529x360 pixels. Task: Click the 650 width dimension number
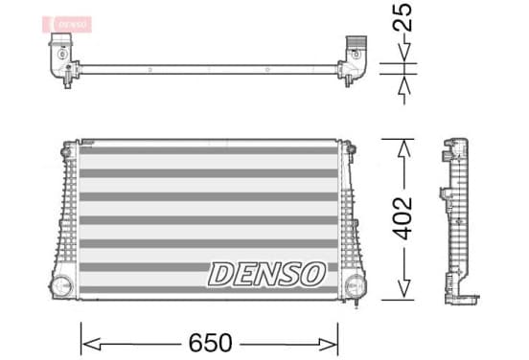tap(210, 343)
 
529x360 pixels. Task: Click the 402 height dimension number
tap(402, 218)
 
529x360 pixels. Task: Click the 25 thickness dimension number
tap(402, 17)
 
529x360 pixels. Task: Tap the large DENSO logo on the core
tap(266, 275)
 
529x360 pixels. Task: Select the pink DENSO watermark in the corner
tap(67, 24)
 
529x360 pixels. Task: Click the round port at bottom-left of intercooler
tap(61, 286)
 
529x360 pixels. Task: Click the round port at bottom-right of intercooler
tap(354, 286)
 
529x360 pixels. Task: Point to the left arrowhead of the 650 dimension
tap(91, 344)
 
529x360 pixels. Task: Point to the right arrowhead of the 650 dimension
tap(328, 345)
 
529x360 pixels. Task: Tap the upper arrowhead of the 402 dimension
tap(403, 148)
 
